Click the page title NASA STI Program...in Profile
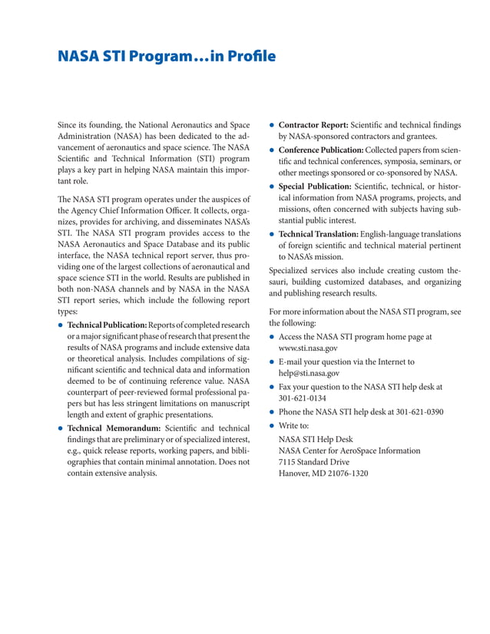pyautogui.click(x=167, y=58)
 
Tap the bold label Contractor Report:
pyautogui.click(x=313, y=124)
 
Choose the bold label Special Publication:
pyautogui.click(x=315, y=186)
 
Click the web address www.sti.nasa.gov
pyautogui.click(x=307, y=348)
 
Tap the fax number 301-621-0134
pyautogui.click(x=303, y=398)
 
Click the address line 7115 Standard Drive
pyautogui.click(x=313, y=462)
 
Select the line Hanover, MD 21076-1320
pyautogui.click(x=323, y=474)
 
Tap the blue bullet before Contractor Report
pyautogui.click(x=272, y=125)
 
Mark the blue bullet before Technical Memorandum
pyautogui.click(x=61, y=428)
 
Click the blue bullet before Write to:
pyautogui.click(x=272, y=425)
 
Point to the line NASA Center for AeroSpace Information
pyautogui.click(x=349, y=451)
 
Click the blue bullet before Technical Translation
pyautogui.click(x=272, y=234)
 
